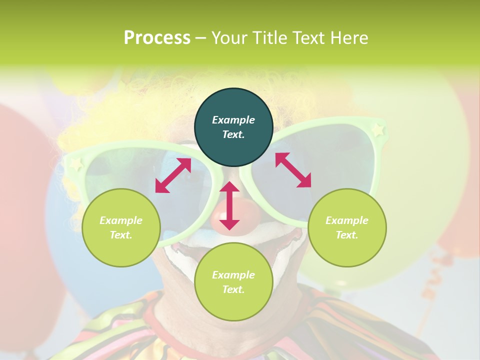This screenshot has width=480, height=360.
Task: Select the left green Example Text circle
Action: pyautogui.click(x=121, y=227)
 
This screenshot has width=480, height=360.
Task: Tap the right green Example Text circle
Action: pyautogui.click(x=347, y=227)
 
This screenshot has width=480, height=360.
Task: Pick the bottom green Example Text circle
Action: pyautogui.click(x=233, y=281)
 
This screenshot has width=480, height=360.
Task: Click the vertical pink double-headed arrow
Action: pyautogui.click(x=229, y=205)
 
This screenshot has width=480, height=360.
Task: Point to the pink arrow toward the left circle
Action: pyautogui.click(x=173, y=175)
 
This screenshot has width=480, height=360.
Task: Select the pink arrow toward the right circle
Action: pyautogui.click(x=293, y=170)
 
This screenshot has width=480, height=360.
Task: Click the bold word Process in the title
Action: pyautogui.click(x=157, y=37)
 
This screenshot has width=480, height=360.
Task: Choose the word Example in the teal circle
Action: pyautogui.click(x=233, y=120)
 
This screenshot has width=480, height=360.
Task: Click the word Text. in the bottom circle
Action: pyautogui.click(x=233, y=289)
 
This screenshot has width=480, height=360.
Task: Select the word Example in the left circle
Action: pyautogui.click(x=121, y=220)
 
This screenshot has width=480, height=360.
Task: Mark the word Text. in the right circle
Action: pyautogui.click(x=347, y=235)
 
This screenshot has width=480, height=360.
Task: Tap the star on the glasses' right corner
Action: pyautogui.click(x=378, y=129)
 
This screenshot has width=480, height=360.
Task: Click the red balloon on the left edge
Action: pyautogui.click(x=20, y=165)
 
